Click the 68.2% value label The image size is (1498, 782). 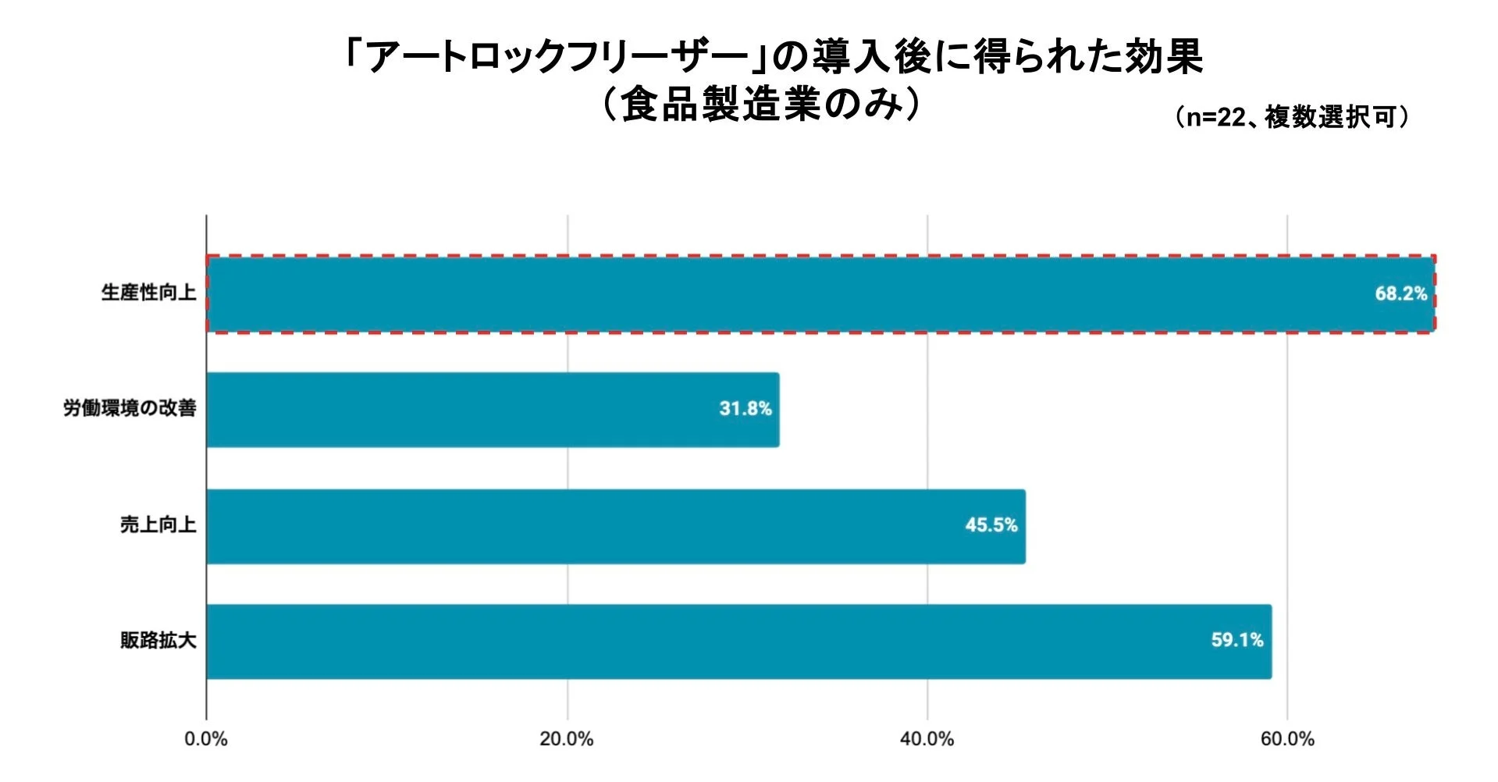(1400, 293)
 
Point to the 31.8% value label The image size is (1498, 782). (745, 409)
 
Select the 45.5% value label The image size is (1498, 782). (991, 525)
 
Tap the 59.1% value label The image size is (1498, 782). (1236, 641)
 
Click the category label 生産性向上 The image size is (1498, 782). (148, 293)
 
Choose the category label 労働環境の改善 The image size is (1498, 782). (130, 408)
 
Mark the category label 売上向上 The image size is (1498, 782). (158, 524)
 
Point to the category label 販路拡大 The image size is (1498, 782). (158, 640)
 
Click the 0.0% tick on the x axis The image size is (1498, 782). (206, 739)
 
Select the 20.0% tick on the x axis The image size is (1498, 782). (567, 739)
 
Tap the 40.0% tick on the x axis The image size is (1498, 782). (927, 739)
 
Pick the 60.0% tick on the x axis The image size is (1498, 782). (1287, 739)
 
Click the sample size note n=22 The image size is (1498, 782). (1215, 118)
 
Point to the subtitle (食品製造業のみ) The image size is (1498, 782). (761, 104)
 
